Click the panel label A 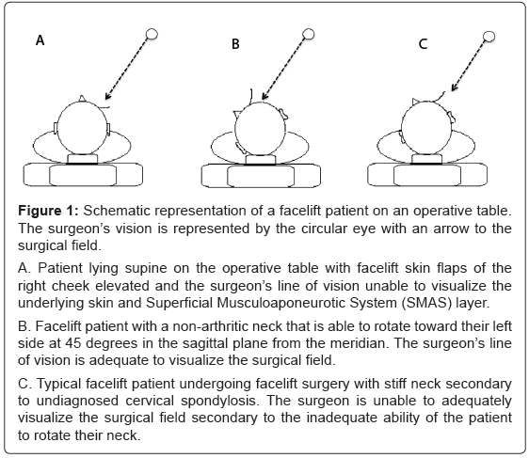point(40,40)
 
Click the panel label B point(235,44)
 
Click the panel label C point(423,44)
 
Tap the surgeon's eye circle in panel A point(152,34)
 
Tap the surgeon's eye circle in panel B point(309,34)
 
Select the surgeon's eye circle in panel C point(489,36)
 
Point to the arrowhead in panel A point(107,96)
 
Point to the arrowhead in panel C point(455,87)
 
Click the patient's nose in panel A point(82,99)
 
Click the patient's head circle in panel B point(260,103)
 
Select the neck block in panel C point(427,159)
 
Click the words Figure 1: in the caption point(48,211)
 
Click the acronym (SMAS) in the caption point(426,303)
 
